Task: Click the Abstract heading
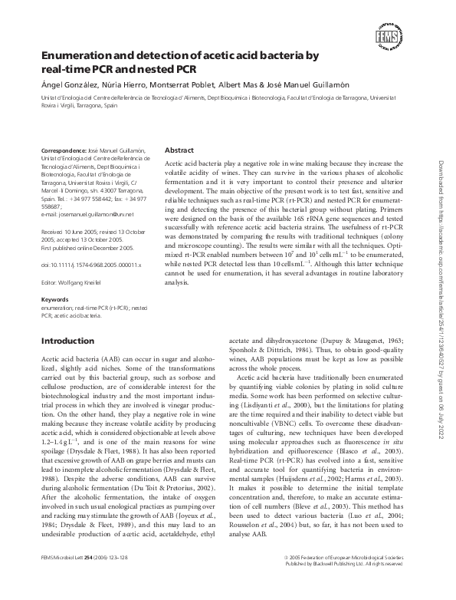(179, 151)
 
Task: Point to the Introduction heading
(67, 341)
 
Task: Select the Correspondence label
(66, 151)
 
